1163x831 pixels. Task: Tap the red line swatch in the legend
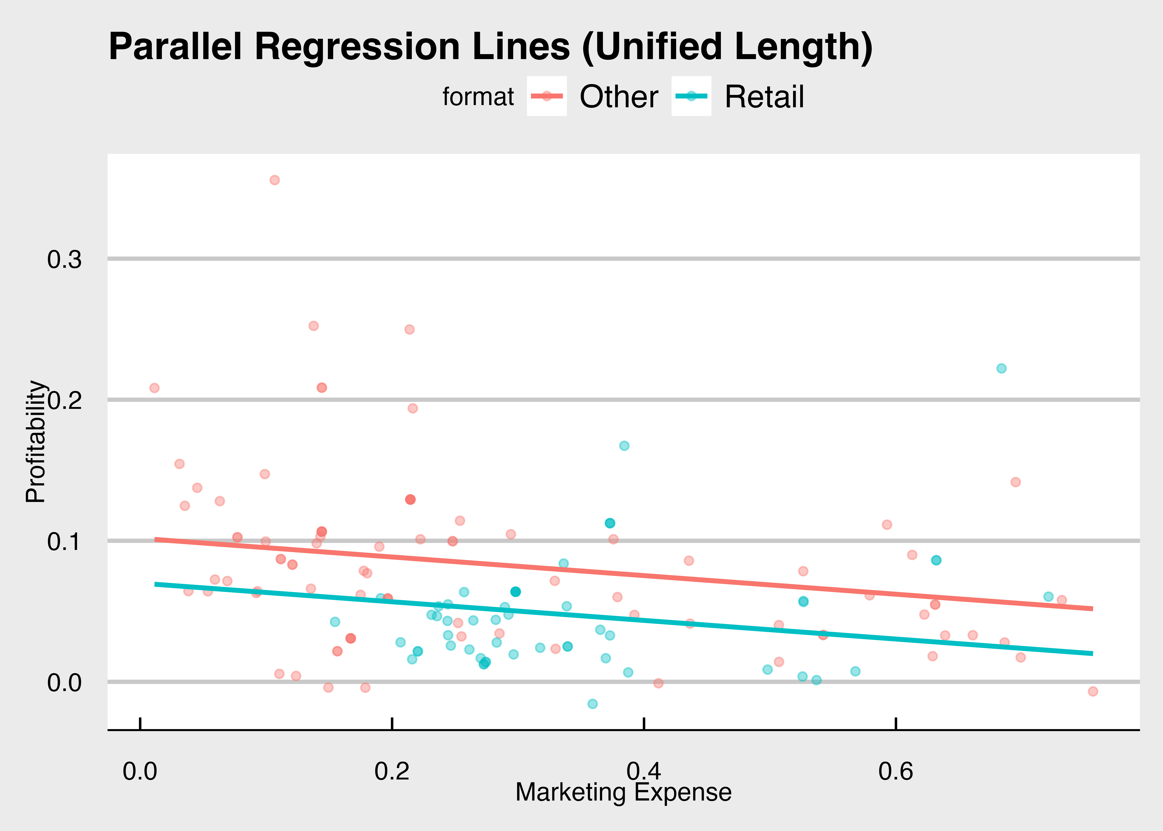point(547,96)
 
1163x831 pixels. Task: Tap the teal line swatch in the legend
point(691,96)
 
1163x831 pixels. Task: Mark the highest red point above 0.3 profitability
point(275,180)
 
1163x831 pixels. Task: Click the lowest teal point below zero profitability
point(592,704)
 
